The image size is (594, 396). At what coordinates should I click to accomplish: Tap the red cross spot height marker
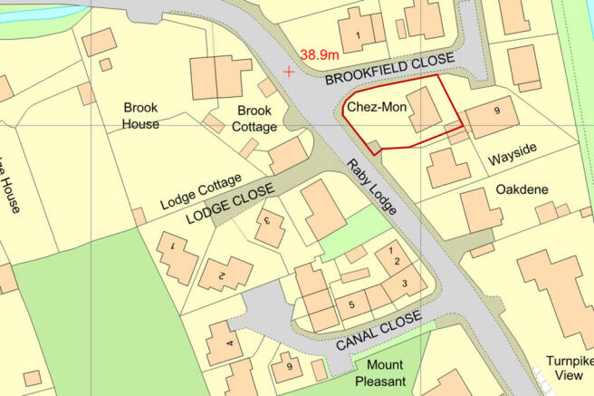289,72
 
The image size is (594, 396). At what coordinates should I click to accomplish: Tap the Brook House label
140,115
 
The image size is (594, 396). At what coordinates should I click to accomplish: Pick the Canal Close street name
378,332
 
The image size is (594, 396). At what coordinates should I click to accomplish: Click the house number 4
229,343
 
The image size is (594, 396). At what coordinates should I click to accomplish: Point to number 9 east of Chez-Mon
496,111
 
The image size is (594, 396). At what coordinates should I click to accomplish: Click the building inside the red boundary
423,111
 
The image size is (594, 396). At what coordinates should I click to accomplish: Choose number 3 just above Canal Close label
405,284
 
